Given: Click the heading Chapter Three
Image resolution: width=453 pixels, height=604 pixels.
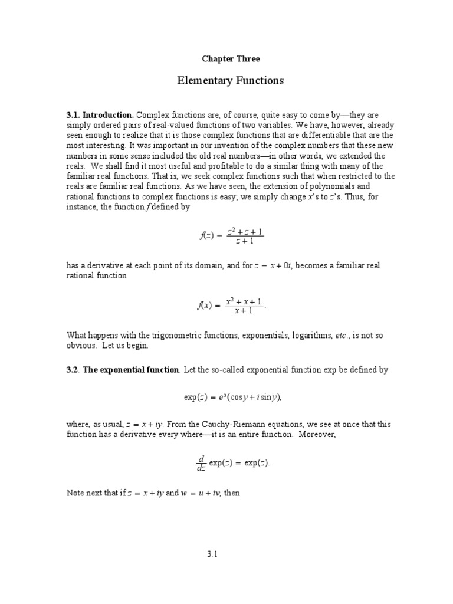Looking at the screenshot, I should click(x=231, y=59).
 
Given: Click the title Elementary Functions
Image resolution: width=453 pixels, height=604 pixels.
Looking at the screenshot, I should click(x=231, y=80).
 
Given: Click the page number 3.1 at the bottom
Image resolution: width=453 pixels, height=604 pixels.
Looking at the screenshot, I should click(x=213, y=554).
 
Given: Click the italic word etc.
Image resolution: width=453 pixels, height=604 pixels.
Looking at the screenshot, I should click(x=342, y=336).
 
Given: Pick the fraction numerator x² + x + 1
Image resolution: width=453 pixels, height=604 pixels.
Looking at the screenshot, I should click(x=244, y=301).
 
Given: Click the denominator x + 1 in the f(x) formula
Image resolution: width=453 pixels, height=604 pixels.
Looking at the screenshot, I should click(x=244, y=311).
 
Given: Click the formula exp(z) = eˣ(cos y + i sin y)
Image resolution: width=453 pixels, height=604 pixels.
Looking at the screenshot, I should click(x=232, y=397).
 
